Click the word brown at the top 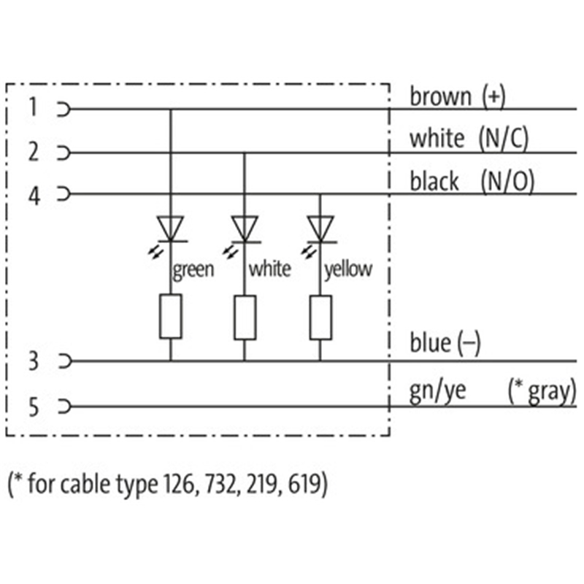pos(440,96)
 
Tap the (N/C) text pos(504,138)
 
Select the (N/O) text pos(507,181)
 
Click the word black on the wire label pos(434,181)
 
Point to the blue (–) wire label pos(445,343)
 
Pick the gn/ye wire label pos(436,391)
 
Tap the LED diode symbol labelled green pos(171,228)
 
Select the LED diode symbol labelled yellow pos(320,228)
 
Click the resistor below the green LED pos(171,317)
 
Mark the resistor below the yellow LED pos(320,317)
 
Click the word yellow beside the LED pos(348,269)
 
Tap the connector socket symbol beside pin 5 pos(65,407)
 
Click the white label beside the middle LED pos(269,269)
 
